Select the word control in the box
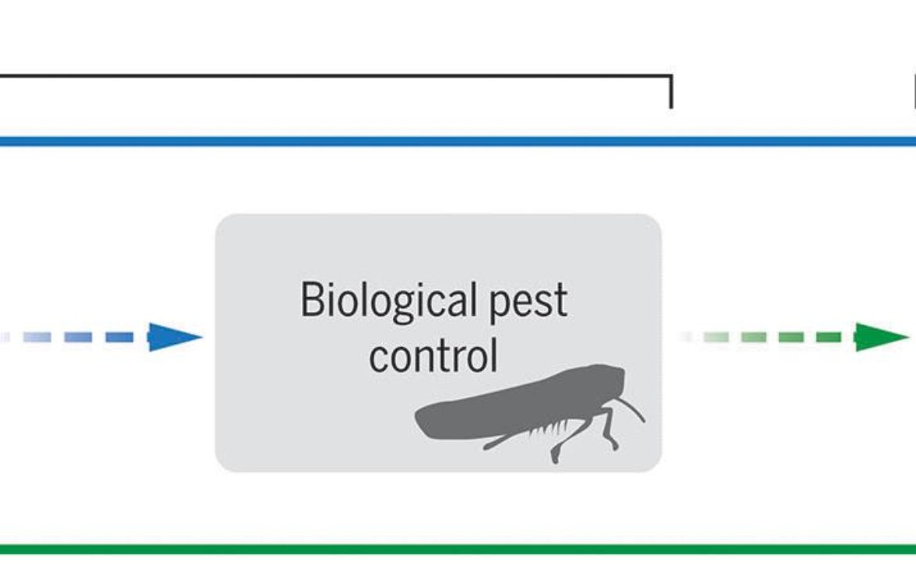pyautogui.click(x=434, y=355)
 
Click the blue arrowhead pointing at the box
pyautogui.click(x=175, y=337)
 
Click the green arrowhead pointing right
pyautogui.click(x=882, y=337)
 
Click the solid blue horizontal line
pyautogui.click(x=458, y=142)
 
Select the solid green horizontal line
pyautogui.click(x=458, y=549)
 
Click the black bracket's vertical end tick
pyautogui.click(x=671, y=92)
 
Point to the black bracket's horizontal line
pyautogui.click(x=336, y=76)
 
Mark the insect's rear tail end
pyautogui.click(x=419, y=418)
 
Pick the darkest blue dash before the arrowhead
pyautogui.click(x=119, y=337)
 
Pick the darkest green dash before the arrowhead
pyautogui.click(x=828, y=337)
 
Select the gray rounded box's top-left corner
pyautogui.click(x=217, y=216)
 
